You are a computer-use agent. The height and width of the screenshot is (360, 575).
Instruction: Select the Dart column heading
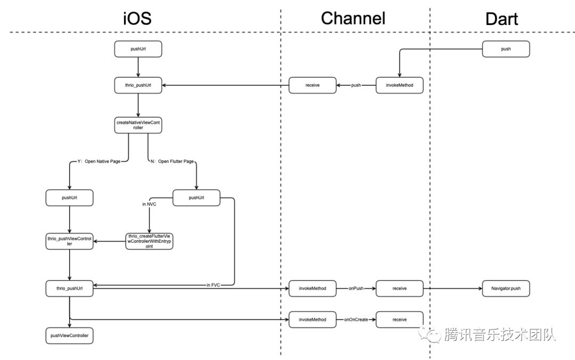point(502,19)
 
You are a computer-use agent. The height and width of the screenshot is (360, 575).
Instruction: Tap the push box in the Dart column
point(506,49)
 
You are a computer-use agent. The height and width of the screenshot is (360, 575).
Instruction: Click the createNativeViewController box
point(138,125)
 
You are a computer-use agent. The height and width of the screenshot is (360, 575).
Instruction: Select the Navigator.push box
point(506,288)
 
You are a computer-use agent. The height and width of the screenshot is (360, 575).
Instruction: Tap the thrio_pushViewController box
point(69,241)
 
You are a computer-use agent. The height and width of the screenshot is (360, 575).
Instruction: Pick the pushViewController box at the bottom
point(69,336)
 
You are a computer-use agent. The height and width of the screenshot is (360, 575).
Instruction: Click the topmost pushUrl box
point(138,49)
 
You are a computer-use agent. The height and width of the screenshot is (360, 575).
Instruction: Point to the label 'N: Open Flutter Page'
point(172,161)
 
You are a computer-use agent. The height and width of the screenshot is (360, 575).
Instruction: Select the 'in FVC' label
point(213,285)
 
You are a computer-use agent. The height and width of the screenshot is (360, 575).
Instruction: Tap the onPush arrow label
point(356,288)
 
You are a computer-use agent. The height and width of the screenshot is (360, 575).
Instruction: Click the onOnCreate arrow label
point(356,320)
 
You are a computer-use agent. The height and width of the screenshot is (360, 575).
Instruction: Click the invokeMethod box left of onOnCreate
point(313,320)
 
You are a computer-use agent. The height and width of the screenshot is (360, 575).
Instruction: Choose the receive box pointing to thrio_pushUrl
point(313,85)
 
